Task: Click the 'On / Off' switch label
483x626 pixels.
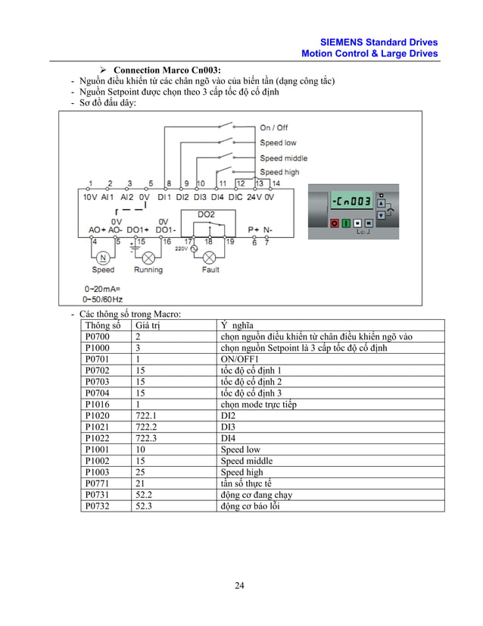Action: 273,127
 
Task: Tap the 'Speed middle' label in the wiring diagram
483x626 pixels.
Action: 283,158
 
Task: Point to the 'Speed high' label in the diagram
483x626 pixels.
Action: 279,172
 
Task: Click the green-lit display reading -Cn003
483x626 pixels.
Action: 350,201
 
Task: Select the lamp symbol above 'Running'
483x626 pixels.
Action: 148,256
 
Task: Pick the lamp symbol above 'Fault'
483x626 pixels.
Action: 210,256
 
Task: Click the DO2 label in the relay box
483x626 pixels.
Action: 206,214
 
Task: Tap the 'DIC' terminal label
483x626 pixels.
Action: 235,196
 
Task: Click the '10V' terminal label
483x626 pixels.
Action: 89,196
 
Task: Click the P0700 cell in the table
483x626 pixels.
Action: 98,336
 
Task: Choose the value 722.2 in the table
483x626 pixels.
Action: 146,427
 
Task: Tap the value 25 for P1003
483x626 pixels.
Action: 141,473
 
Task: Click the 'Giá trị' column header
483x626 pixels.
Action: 149,325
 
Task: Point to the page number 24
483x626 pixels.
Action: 240,585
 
